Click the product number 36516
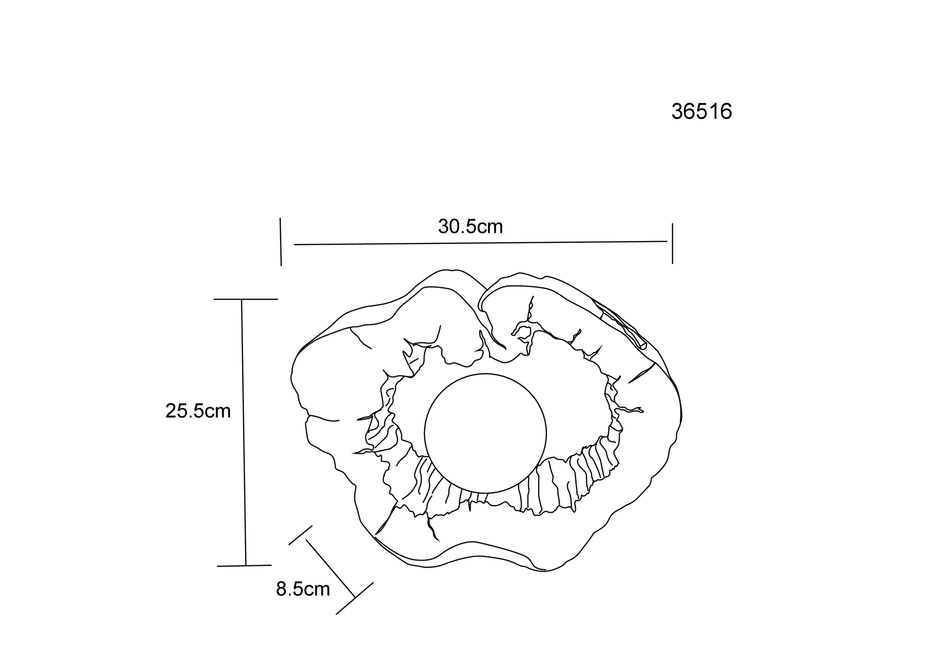pyautogui.click(x=702, y=112)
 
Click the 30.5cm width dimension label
pyautogui.click(x=470, y=226)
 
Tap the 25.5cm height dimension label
pyautogui.click(x=198, y=411)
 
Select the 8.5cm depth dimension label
pyautogui.click(x=303, y=589)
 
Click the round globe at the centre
pyautogui.click(x=485, y=433)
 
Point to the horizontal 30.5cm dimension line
pyautogui.click(x=481, y=242)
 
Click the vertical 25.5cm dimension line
pyautogui.click(x=244, y=432)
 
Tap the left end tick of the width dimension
pyautogui.click(x=281, y=242)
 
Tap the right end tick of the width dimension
pyautogui.click(x=672, y=243)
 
